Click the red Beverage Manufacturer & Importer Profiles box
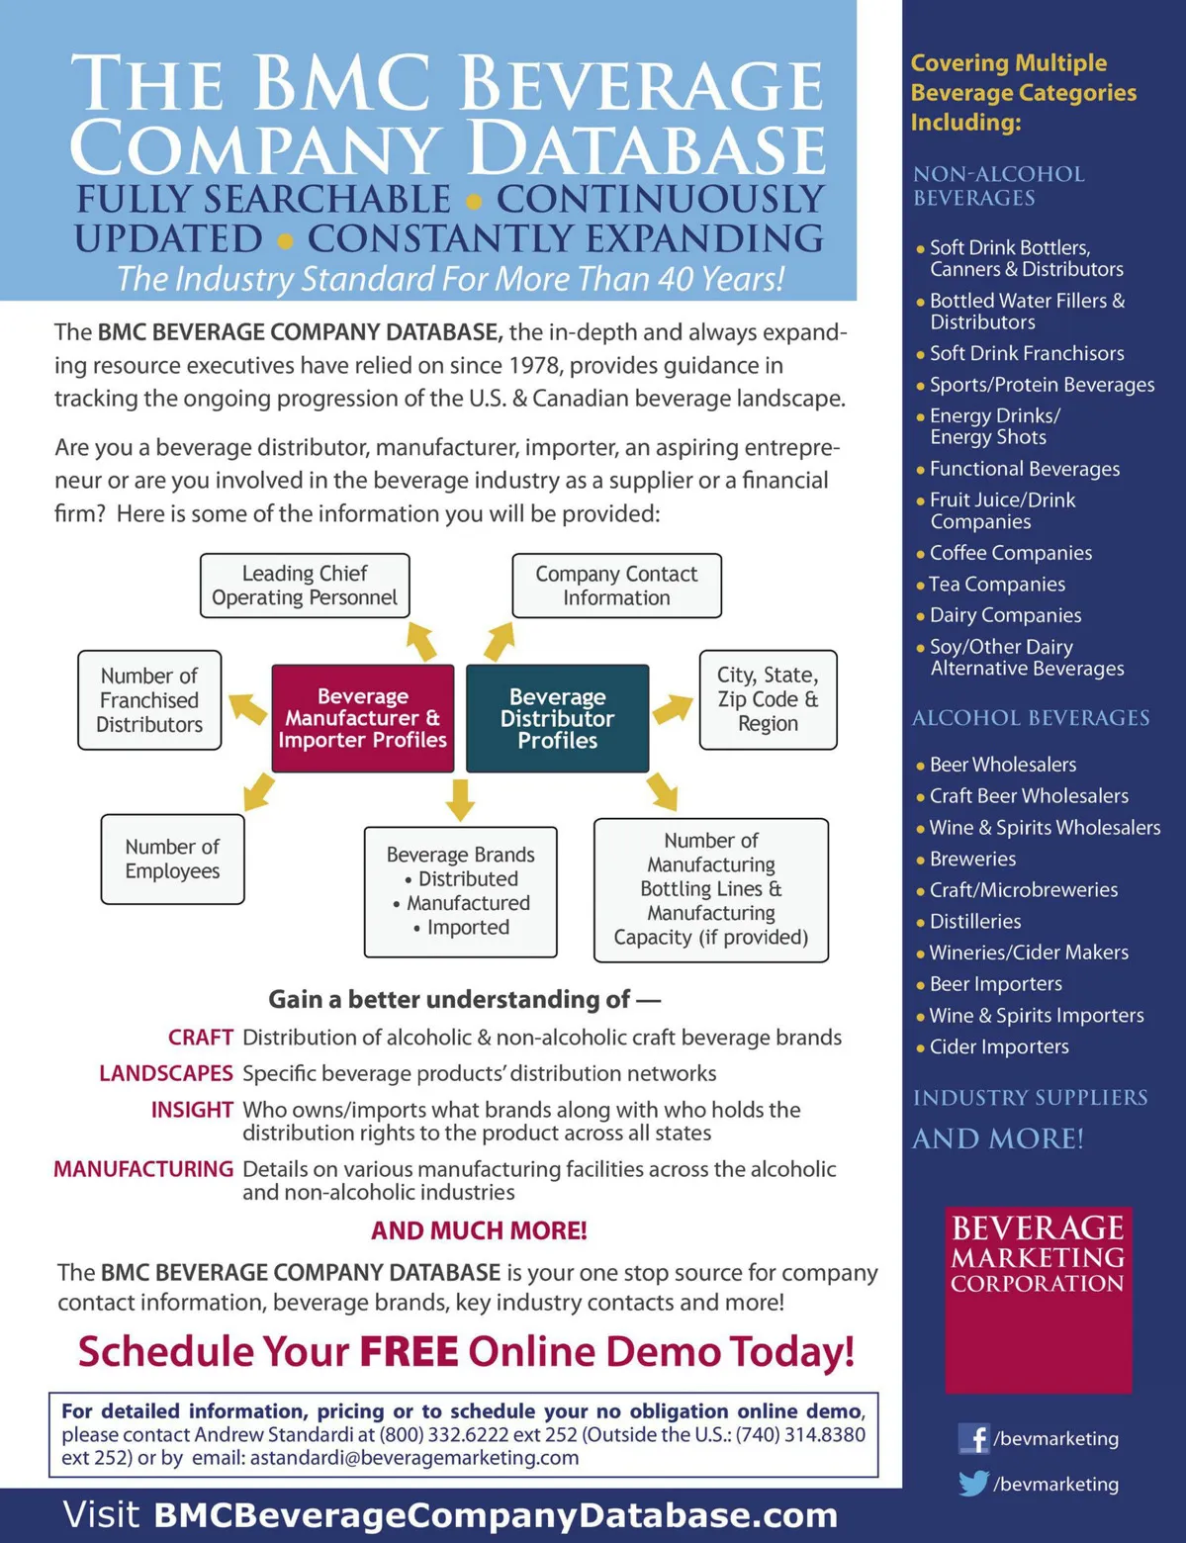click(362, 718)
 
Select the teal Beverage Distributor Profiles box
click(557, 718)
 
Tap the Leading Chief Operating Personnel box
click(305, 586)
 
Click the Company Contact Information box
click(616, 586)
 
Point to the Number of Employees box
click(172, 859)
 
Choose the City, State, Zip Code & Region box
click(768, 699)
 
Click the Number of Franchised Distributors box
click(149, 699)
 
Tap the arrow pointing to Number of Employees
click(258, 792)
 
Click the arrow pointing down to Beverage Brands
click(460, 799)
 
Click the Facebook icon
click(973, 1438)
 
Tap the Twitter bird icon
click(973, 1484)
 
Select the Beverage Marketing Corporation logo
click(1038, 1299)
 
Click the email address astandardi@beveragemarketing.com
click(414, 1458)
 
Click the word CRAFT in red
click(200, 1038)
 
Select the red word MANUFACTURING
click(143, 1169)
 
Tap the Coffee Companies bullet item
click(1010, 553)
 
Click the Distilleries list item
click(975, 921)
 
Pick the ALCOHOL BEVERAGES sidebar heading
click(1031, 718)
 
